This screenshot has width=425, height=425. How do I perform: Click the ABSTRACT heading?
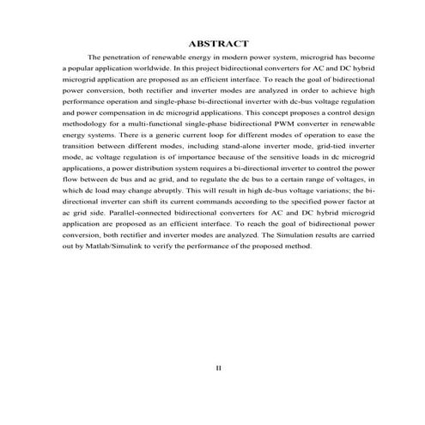[218, 42]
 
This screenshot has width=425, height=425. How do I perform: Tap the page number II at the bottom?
[218, 367]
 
